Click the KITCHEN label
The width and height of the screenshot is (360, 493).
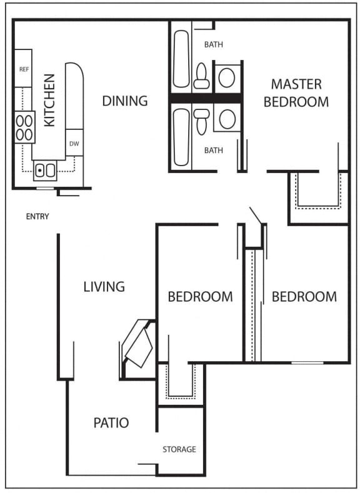49,100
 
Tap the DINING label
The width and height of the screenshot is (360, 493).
125,101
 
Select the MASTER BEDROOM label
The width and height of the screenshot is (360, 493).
296,93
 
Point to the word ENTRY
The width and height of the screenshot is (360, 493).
37,217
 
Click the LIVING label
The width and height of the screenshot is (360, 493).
104,287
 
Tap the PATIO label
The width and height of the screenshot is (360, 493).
111,423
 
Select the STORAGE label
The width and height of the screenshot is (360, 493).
179,449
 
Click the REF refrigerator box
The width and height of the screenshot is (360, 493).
24,69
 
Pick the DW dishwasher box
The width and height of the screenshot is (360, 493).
74,143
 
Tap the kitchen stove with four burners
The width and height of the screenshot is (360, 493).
25,127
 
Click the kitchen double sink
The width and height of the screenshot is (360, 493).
44,169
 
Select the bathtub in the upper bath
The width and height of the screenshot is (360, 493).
181,59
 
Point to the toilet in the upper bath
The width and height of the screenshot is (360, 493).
202,76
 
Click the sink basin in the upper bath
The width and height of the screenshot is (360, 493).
227,77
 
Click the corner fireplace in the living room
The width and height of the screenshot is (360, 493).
139,343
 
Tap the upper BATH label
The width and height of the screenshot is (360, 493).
214,44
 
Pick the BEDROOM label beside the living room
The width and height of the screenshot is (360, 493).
200,297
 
